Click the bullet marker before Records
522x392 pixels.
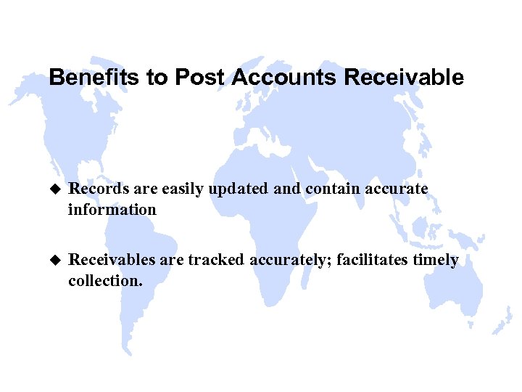coord(53,189)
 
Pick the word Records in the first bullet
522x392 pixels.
coord(93,189)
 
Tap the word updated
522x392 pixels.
coord(239,189)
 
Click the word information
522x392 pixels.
coord(112,210)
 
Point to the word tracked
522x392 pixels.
coord(216,260)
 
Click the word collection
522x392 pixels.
coord(104,280)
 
